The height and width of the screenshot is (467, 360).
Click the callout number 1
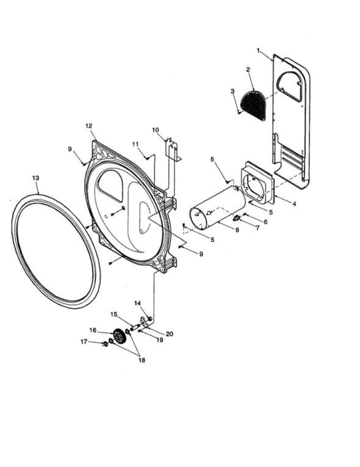coord(258,51)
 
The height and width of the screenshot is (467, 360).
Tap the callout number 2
coord(248,70)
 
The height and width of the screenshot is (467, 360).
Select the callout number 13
coord(35,178)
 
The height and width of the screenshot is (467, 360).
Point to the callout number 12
coord(89,126)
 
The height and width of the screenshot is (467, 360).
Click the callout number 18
coord(142,360)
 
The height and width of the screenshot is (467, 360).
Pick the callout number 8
coord(237,230)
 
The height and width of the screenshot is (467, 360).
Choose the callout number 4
coord(294,204)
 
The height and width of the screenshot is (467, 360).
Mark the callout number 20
coord(170,334)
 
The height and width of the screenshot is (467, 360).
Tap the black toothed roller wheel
coord(120,337)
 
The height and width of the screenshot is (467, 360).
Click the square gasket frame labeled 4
coord(257,182)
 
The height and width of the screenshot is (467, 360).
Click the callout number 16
coord(93,330)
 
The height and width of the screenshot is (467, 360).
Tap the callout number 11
coord(135,144)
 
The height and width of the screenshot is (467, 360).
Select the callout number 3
coord(233,91)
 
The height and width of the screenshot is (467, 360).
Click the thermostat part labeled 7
coord(237,219)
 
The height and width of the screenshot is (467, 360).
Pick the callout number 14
coord(137,303)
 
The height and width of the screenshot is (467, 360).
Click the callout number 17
coord(84,342)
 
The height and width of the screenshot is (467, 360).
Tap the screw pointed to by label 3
coord(239,112)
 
